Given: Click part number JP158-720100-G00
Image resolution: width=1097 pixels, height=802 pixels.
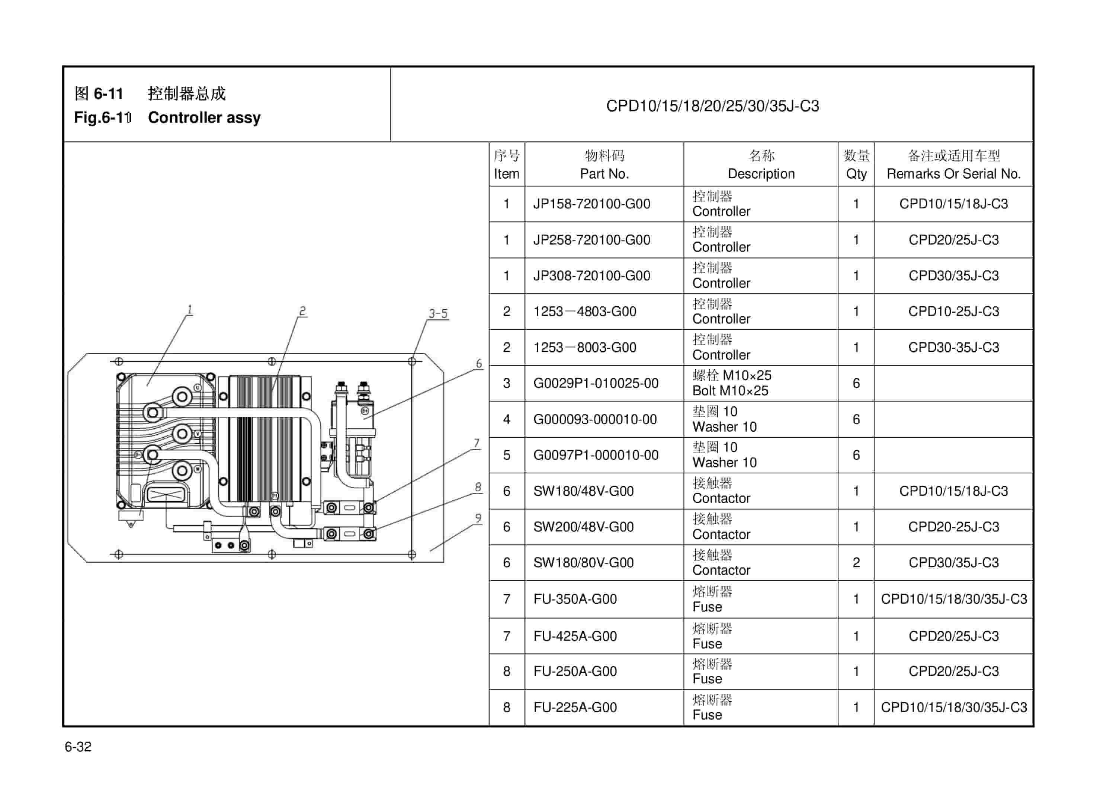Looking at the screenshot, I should (591, 204).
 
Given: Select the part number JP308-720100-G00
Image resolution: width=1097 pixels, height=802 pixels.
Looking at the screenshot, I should (591, 276).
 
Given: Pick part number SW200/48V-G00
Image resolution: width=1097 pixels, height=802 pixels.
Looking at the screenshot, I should (583, 527).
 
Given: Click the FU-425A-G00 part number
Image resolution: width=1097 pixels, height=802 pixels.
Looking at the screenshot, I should (575, 636).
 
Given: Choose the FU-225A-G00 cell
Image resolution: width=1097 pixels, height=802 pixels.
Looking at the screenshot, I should (575, 707).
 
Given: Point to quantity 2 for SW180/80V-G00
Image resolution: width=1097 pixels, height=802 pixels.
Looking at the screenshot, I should (856, 563).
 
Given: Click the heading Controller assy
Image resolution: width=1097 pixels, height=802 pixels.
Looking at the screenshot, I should (204, 118).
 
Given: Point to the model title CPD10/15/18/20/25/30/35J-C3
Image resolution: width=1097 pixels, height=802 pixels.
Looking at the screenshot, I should (712, 106).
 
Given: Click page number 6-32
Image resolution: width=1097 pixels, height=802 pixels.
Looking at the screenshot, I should (78, 747).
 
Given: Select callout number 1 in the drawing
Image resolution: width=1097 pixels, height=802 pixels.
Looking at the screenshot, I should (190, 309).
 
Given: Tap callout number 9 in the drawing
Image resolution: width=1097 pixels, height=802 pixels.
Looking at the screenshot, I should (478, 518).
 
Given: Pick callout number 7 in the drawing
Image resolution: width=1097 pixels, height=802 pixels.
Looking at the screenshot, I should (477, 443).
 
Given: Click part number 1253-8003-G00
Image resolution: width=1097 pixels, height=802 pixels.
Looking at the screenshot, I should (585, 348).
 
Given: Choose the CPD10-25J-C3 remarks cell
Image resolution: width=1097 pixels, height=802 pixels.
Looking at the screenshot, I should (953, 311).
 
